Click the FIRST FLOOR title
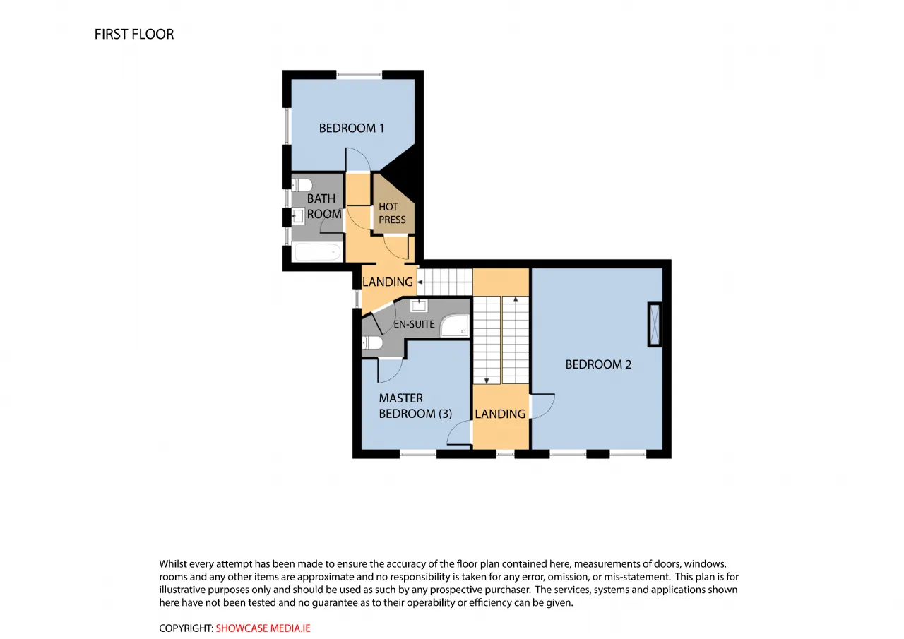[134, 35]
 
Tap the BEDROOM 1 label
[351, 129]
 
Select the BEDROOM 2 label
[598, 364]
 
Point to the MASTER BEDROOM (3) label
[415, 406]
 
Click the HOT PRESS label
[392, 213]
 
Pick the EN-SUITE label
[414, 324]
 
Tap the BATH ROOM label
[324, 206]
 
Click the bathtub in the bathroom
[317, 252]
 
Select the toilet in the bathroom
[302, 186]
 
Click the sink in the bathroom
[298, 216]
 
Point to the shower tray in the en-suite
[454, 326]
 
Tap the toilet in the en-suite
[372, 343]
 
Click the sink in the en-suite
[419, 306]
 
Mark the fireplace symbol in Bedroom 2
[655, 325]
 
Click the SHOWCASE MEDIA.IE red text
[263, 628]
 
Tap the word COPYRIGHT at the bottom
[186, 628]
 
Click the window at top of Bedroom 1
[359, 75]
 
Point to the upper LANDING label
[388, 282]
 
